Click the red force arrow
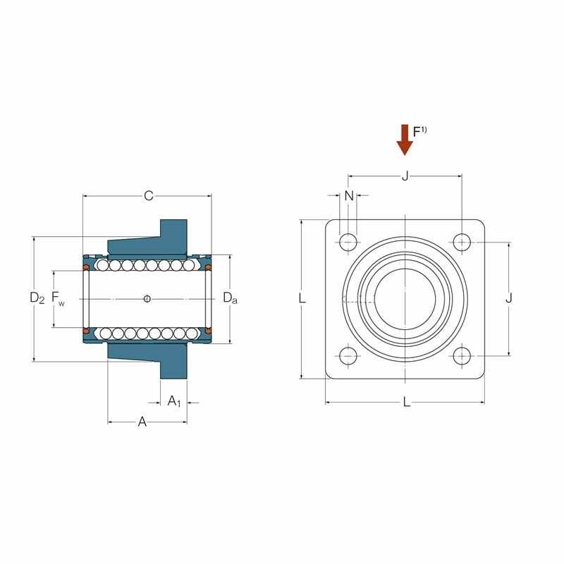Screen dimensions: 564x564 point(405,139)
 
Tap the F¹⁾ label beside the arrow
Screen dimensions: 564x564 point(420,131)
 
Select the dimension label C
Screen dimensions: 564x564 point(148,196)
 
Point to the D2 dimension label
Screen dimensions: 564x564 point(37,299)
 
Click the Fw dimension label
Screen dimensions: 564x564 point(58,300)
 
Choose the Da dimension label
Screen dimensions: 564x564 point(230,299)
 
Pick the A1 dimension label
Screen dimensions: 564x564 point(174,402)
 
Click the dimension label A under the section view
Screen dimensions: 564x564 point(142,422)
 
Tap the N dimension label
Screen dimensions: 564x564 point(348,196)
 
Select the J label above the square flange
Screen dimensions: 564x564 point(405,176)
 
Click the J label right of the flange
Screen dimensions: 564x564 point(508,299)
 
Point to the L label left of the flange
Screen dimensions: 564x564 point(302,299)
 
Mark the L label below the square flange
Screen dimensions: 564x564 point(406,403)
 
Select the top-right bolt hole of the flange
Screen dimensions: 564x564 point(462,242)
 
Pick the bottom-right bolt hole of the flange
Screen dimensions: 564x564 point(462,356)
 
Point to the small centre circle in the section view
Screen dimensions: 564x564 point(147,299)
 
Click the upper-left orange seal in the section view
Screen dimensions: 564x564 point(86,268)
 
